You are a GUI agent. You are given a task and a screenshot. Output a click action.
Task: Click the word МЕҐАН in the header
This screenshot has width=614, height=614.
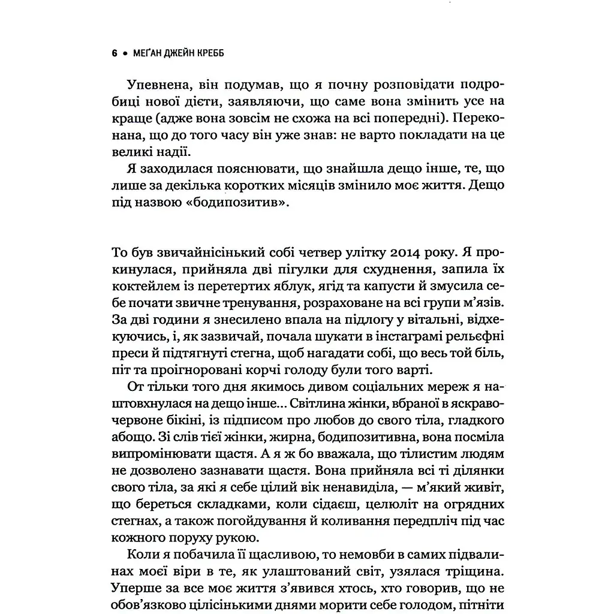click(145, 53)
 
